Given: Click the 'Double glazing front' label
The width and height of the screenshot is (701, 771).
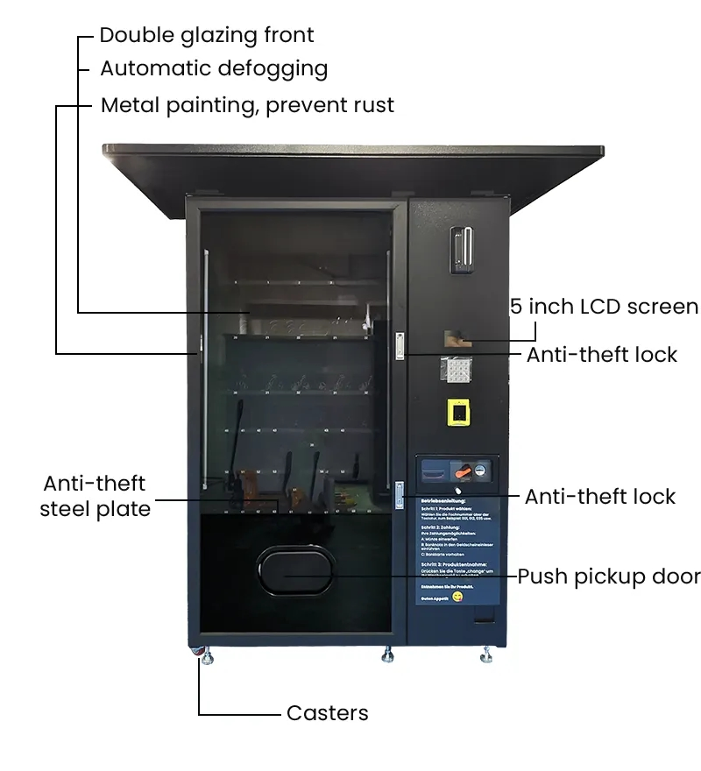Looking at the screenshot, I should coord(206,35).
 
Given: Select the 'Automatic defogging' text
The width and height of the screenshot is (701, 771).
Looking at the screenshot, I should coord(214,68).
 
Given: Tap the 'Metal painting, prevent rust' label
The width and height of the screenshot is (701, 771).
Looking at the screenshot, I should coord(247,105).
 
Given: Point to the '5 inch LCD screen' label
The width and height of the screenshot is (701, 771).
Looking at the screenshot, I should coord(605,307).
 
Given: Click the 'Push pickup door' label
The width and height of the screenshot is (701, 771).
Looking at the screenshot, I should coord(608,576).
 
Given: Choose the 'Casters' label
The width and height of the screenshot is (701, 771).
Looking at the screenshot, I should coord(327,713).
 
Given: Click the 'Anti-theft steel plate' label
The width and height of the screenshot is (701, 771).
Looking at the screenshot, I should coord(95,496).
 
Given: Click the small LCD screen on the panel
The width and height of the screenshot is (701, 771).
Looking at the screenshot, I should coord(457,338).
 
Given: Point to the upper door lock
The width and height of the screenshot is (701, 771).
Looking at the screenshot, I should coord(400,345).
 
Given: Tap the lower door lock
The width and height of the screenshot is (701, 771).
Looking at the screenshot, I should coord(399,492).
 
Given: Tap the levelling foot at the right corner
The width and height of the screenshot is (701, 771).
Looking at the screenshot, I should coord(486,654).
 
